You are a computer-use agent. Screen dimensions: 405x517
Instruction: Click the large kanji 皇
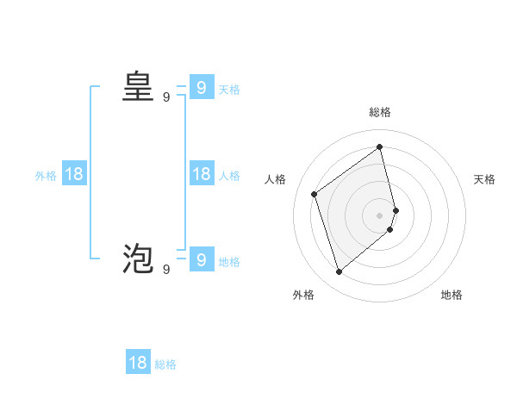(138, 87)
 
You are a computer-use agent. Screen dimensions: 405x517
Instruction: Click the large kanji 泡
(138, 259)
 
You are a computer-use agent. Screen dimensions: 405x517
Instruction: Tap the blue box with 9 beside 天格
(201, 87)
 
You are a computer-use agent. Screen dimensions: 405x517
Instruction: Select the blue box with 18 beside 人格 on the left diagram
(201, 174)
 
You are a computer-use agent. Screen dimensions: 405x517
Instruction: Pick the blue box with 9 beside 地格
(201, 259)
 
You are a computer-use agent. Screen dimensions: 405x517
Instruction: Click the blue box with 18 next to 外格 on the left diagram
(74, 174)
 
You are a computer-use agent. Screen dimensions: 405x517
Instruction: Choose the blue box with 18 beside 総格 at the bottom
(138, 362)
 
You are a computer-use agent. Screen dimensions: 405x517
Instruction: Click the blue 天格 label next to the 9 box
(229, 89)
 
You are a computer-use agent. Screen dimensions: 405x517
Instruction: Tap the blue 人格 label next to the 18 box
(229, 176)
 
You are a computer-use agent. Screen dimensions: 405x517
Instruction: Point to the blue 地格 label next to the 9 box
(229, 261)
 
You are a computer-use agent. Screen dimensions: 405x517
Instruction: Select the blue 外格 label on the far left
(46, 176)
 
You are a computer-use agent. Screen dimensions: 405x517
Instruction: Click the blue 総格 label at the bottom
(165, 364)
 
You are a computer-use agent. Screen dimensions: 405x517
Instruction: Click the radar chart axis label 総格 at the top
(380, 113)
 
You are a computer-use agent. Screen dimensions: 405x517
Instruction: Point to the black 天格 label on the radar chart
(484, 179)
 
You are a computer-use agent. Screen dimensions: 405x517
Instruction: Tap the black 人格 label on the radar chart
(275, 179)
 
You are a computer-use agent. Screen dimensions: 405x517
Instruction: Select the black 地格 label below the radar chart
(452, 295)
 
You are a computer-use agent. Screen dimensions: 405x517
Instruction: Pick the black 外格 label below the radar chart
(303, 295)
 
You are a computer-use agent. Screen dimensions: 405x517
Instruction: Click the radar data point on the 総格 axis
(380, 146)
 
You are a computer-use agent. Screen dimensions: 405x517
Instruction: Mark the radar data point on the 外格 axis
(339, 272)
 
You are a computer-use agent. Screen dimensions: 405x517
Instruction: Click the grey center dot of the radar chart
(380, 215)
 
